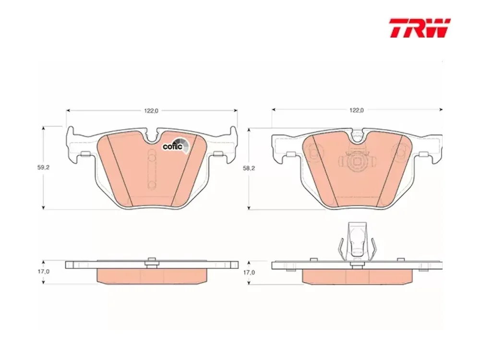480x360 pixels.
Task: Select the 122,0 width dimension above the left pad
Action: (151, 111)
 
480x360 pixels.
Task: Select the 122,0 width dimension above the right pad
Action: (356, 110)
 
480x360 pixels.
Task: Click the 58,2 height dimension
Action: (249, 168)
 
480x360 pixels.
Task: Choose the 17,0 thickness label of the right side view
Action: (249, 272)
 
